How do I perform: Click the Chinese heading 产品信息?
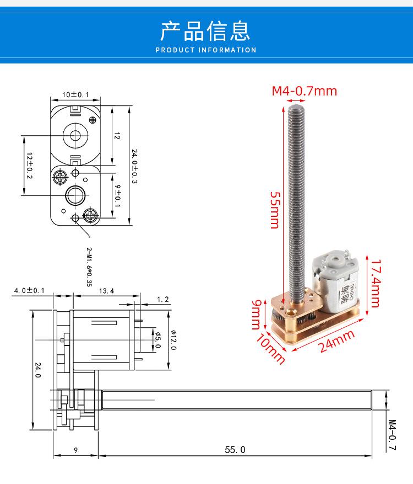click(205, 31)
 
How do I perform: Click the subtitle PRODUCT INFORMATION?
click(206, 50)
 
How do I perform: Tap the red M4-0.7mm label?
click(305, 91)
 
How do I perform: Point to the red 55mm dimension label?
click(275, 210)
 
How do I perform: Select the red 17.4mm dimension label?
click(376, 283)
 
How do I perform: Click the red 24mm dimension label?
click(336, 341)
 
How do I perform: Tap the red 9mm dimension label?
click(256, 315)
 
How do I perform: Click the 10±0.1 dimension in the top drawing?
click(75, 94)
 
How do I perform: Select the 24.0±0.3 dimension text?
click(134, 166)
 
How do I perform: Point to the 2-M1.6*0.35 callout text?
click(89, 267)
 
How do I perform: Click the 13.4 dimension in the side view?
click(106, 291)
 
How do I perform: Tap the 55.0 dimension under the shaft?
click(235, 450)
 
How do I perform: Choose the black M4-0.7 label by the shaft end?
click(392, 435)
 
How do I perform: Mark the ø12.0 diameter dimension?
click(173, 340)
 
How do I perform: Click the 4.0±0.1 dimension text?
click(29, 290)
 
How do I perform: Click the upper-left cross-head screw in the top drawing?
click(60, 177)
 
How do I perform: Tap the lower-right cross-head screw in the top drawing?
click(90, 215)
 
